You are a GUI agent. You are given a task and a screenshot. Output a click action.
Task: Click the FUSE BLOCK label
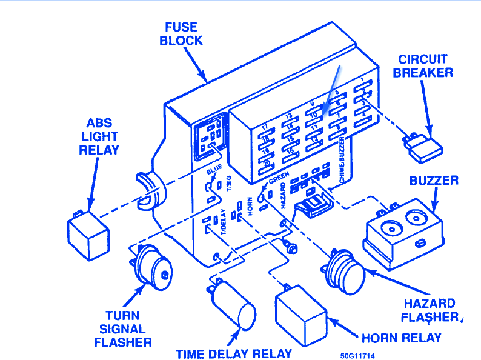[181, 34]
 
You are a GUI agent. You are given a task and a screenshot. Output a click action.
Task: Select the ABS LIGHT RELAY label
[99, 137]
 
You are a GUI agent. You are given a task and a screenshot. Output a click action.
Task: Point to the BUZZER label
[434, 181]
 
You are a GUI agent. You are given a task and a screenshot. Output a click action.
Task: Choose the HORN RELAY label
[401, 338]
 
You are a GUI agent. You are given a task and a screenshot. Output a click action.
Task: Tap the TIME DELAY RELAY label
[234, 353]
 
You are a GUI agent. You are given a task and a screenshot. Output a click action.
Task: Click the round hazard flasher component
[346, 272]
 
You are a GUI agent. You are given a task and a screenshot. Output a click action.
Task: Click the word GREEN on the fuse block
[278, 177]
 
